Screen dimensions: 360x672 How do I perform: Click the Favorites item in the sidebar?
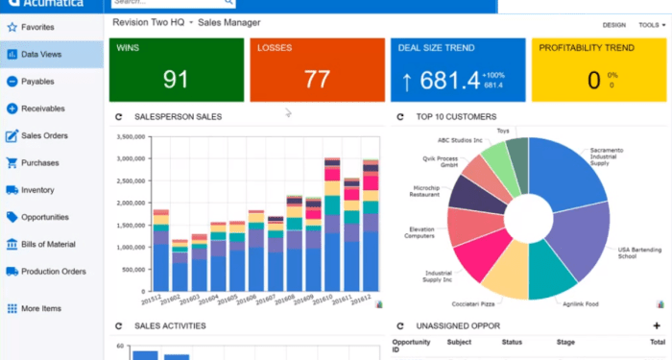point(37,28)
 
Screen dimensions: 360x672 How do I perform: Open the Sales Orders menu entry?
point(44,135)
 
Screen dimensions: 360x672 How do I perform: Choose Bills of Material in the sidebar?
point(48,244)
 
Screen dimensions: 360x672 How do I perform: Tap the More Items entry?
point(41,308)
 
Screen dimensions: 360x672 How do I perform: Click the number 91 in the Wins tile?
point(176,80)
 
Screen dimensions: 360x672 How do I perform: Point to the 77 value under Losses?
point(317,80)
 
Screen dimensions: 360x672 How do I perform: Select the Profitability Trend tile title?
point(586,47)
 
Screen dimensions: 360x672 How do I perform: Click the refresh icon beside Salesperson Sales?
point(119,117)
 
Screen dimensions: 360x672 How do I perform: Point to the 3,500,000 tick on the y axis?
point(130,136)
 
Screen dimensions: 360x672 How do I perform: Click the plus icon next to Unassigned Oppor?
point(657,325)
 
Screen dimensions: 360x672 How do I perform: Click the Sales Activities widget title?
point(169,326)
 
